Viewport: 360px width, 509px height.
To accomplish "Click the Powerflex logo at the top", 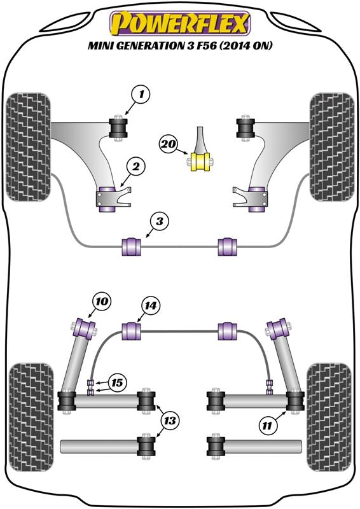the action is [x=180, y=24].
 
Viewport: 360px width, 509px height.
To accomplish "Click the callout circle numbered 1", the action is [x=141, y=95].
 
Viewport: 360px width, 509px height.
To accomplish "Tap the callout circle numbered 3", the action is [x=160, y=222].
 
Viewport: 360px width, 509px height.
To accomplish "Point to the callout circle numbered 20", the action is [x=169, y=143].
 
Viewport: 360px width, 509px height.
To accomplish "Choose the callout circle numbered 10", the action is [x=102, y=302].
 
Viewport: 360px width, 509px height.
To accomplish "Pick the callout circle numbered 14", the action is [x=151, y=306].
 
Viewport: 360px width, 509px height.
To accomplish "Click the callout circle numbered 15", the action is [x=116, y=383].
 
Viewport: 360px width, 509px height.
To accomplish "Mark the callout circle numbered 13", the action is [x=170, y=421].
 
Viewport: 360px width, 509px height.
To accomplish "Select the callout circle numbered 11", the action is [x=267, y=425].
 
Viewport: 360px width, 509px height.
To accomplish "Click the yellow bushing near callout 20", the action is [x=201, y=162].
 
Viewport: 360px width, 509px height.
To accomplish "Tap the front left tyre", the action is [x=29, y=147].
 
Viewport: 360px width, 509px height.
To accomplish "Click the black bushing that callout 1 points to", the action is [x=118, y=128].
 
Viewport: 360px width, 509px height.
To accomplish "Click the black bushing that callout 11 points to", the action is [x=295, y=401].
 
